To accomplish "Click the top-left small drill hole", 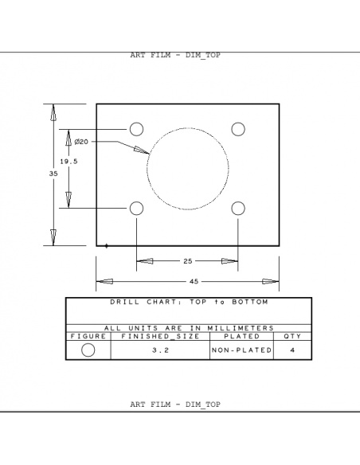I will coord(136,129).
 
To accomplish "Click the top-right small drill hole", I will coord(238,129).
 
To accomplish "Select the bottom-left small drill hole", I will coord(136,208).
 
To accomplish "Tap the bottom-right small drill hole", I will coord(238,208).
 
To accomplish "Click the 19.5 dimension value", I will coord(69,162).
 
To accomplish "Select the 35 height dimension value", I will coord(53,173).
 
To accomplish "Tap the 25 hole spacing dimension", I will coord(187,261).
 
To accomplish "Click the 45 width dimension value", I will coord(194,281).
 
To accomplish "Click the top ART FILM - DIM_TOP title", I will coord(174,56).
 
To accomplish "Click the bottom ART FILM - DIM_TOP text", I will coord(174,404).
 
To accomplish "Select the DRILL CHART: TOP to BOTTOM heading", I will coord(189,303).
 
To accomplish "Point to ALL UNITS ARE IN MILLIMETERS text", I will coord(189,327).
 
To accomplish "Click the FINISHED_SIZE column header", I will coord(159,336).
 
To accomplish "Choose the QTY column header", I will coord(292,336).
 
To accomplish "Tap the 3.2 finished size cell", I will coord(159,350).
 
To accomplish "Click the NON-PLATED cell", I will coord(241,350).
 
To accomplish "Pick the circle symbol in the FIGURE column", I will coord(88,350).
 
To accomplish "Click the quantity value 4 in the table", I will coord(292,350).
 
